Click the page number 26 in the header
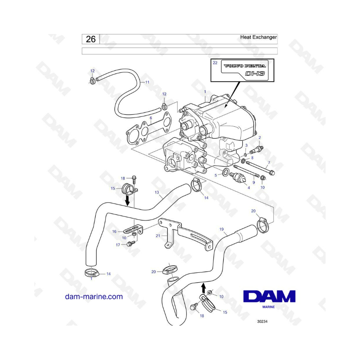(x=91, y=39)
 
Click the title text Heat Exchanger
(x=258, y=37)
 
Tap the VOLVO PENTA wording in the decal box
(x=244, y=66)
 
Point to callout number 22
(x=215, y=63)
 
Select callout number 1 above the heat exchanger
(x=205, y=92)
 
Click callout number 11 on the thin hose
(x=147, y=82)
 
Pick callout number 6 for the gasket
(x=150, y=118)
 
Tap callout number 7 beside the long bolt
(x=269, y=162)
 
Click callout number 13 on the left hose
(x=157, y=192)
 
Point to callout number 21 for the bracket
(x=158, y=236)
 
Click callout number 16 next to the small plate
(x=114, y=231)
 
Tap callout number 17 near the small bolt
(x=118, y=245)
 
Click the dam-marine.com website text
(x=94, y=297)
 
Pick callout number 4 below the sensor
(x=248, y=188)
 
